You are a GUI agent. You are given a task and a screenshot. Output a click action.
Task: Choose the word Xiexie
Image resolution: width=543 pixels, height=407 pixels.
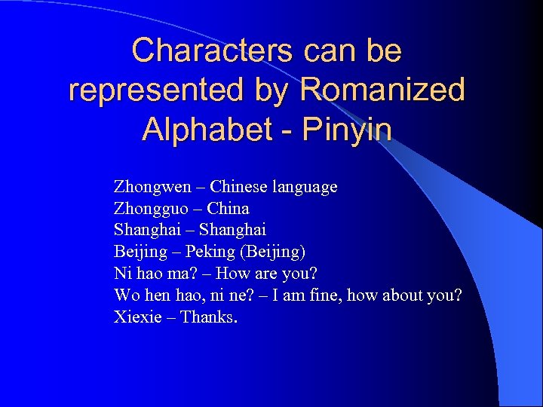point(138,317)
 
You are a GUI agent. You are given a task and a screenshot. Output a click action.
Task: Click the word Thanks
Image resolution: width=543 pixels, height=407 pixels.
point(209,317)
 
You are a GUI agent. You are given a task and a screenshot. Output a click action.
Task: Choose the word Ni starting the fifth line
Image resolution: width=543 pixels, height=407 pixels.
point(122,273)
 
